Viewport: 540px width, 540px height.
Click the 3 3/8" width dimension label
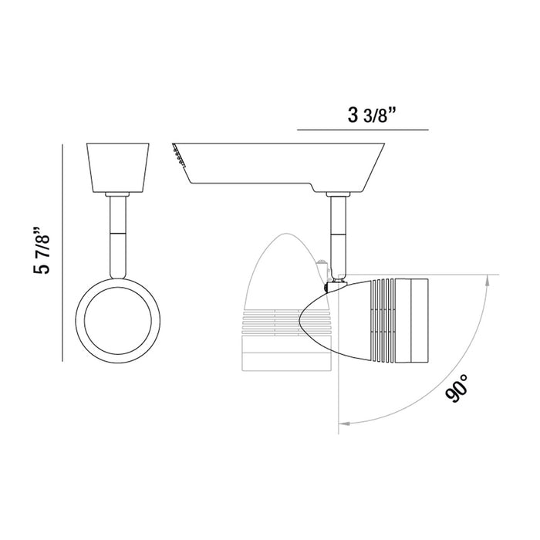(371, 115)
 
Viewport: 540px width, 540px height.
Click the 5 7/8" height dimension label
(42, 250)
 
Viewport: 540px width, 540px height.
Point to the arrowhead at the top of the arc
(487, 280)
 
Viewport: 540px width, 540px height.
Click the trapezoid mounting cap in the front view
(118, 167)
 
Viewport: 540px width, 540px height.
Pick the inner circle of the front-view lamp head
(118, 321)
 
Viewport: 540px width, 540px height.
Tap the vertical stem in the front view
(118, 237)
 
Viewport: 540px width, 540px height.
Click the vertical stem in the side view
(338, 238)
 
